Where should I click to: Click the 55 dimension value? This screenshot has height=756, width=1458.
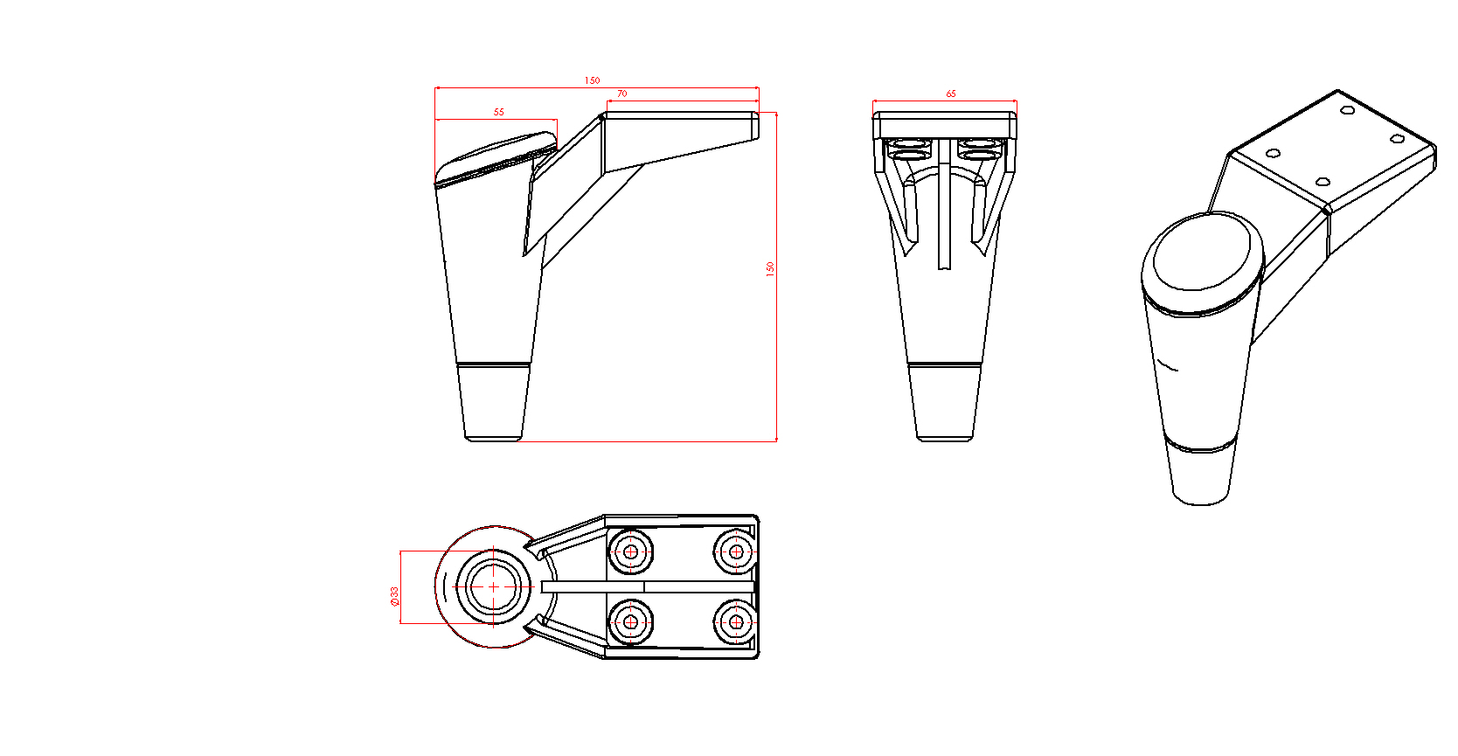498,112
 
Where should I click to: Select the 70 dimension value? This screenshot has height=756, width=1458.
621,94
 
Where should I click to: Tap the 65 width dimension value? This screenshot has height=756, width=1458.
951,94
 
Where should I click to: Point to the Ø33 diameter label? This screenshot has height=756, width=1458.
394,596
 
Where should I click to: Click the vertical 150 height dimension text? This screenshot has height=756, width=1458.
770,268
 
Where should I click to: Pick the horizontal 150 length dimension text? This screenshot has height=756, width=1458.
592,80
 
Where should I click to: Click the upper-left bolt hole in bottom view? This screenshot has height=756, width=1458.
630,551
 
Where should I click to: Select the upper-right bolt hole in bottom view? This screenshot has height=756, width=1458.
736,551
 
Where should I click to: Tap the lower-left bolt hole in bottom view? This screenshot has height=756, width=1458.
630,622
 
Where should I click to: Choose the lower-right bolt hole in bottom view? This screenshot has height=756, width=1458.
736,622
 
